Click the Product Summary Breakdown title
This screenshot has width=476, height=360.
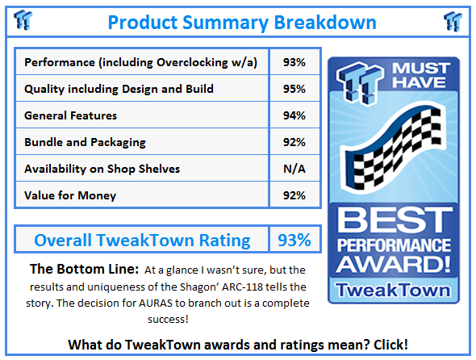tap(242, 21)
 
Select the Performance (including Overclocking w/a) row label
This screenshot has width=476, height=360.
tap(141, 62)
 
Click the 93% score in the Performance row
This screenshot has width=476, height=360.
tap(294, 62)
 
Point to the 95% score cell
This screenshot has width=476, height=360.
tap(294, 89)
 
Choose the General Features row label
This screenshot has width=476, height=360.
tap(71, 115)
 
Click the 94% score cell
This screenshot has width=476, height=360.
tap(294, 115)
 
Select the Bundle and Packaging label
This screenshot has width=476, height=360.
tap(86, 142)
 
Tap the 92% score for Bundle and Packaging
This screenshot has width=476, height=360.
tap(294, 142)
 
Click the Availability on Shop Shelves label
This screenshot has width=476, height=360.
tap(102, 168)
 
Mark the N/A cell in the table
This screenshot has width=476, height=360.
tap(294, 168)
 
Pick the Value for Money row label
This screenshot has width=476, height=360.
tap(70, 195)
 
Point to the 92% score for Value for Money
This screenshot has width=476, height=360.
tap(294, 195)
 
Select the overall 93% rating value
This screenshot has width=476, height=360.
tap(294, 240)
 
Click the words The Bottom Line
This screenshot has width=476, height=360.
tap(74, 269)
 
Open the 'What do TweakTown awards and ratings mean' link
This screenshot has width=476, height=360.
tap(238, 344)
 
